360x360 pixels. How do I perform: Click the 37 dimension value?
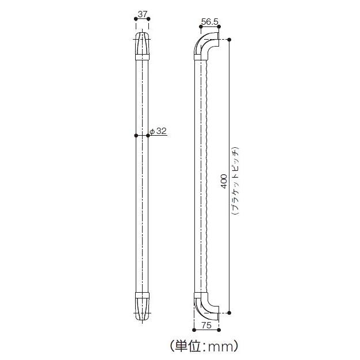coord(142,13)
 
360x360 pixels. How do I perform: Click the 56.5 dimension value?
coord(210,22)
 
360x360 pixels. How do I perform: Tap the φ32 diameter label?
coord(158,131)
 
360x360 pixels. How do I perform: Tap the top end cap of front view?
coord(142,46)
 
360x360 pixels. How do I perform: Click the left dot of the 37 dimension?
coord(136,19)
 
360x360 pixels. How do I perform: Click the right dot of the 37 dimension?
coord(149,19)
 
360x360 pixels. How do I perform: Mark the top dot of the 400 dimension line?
coord(229,39)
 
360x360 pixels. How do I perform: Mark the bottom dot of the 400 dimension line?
coord(229,313)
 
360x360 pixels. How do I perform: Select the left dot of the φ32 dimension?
coord(136,136)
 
